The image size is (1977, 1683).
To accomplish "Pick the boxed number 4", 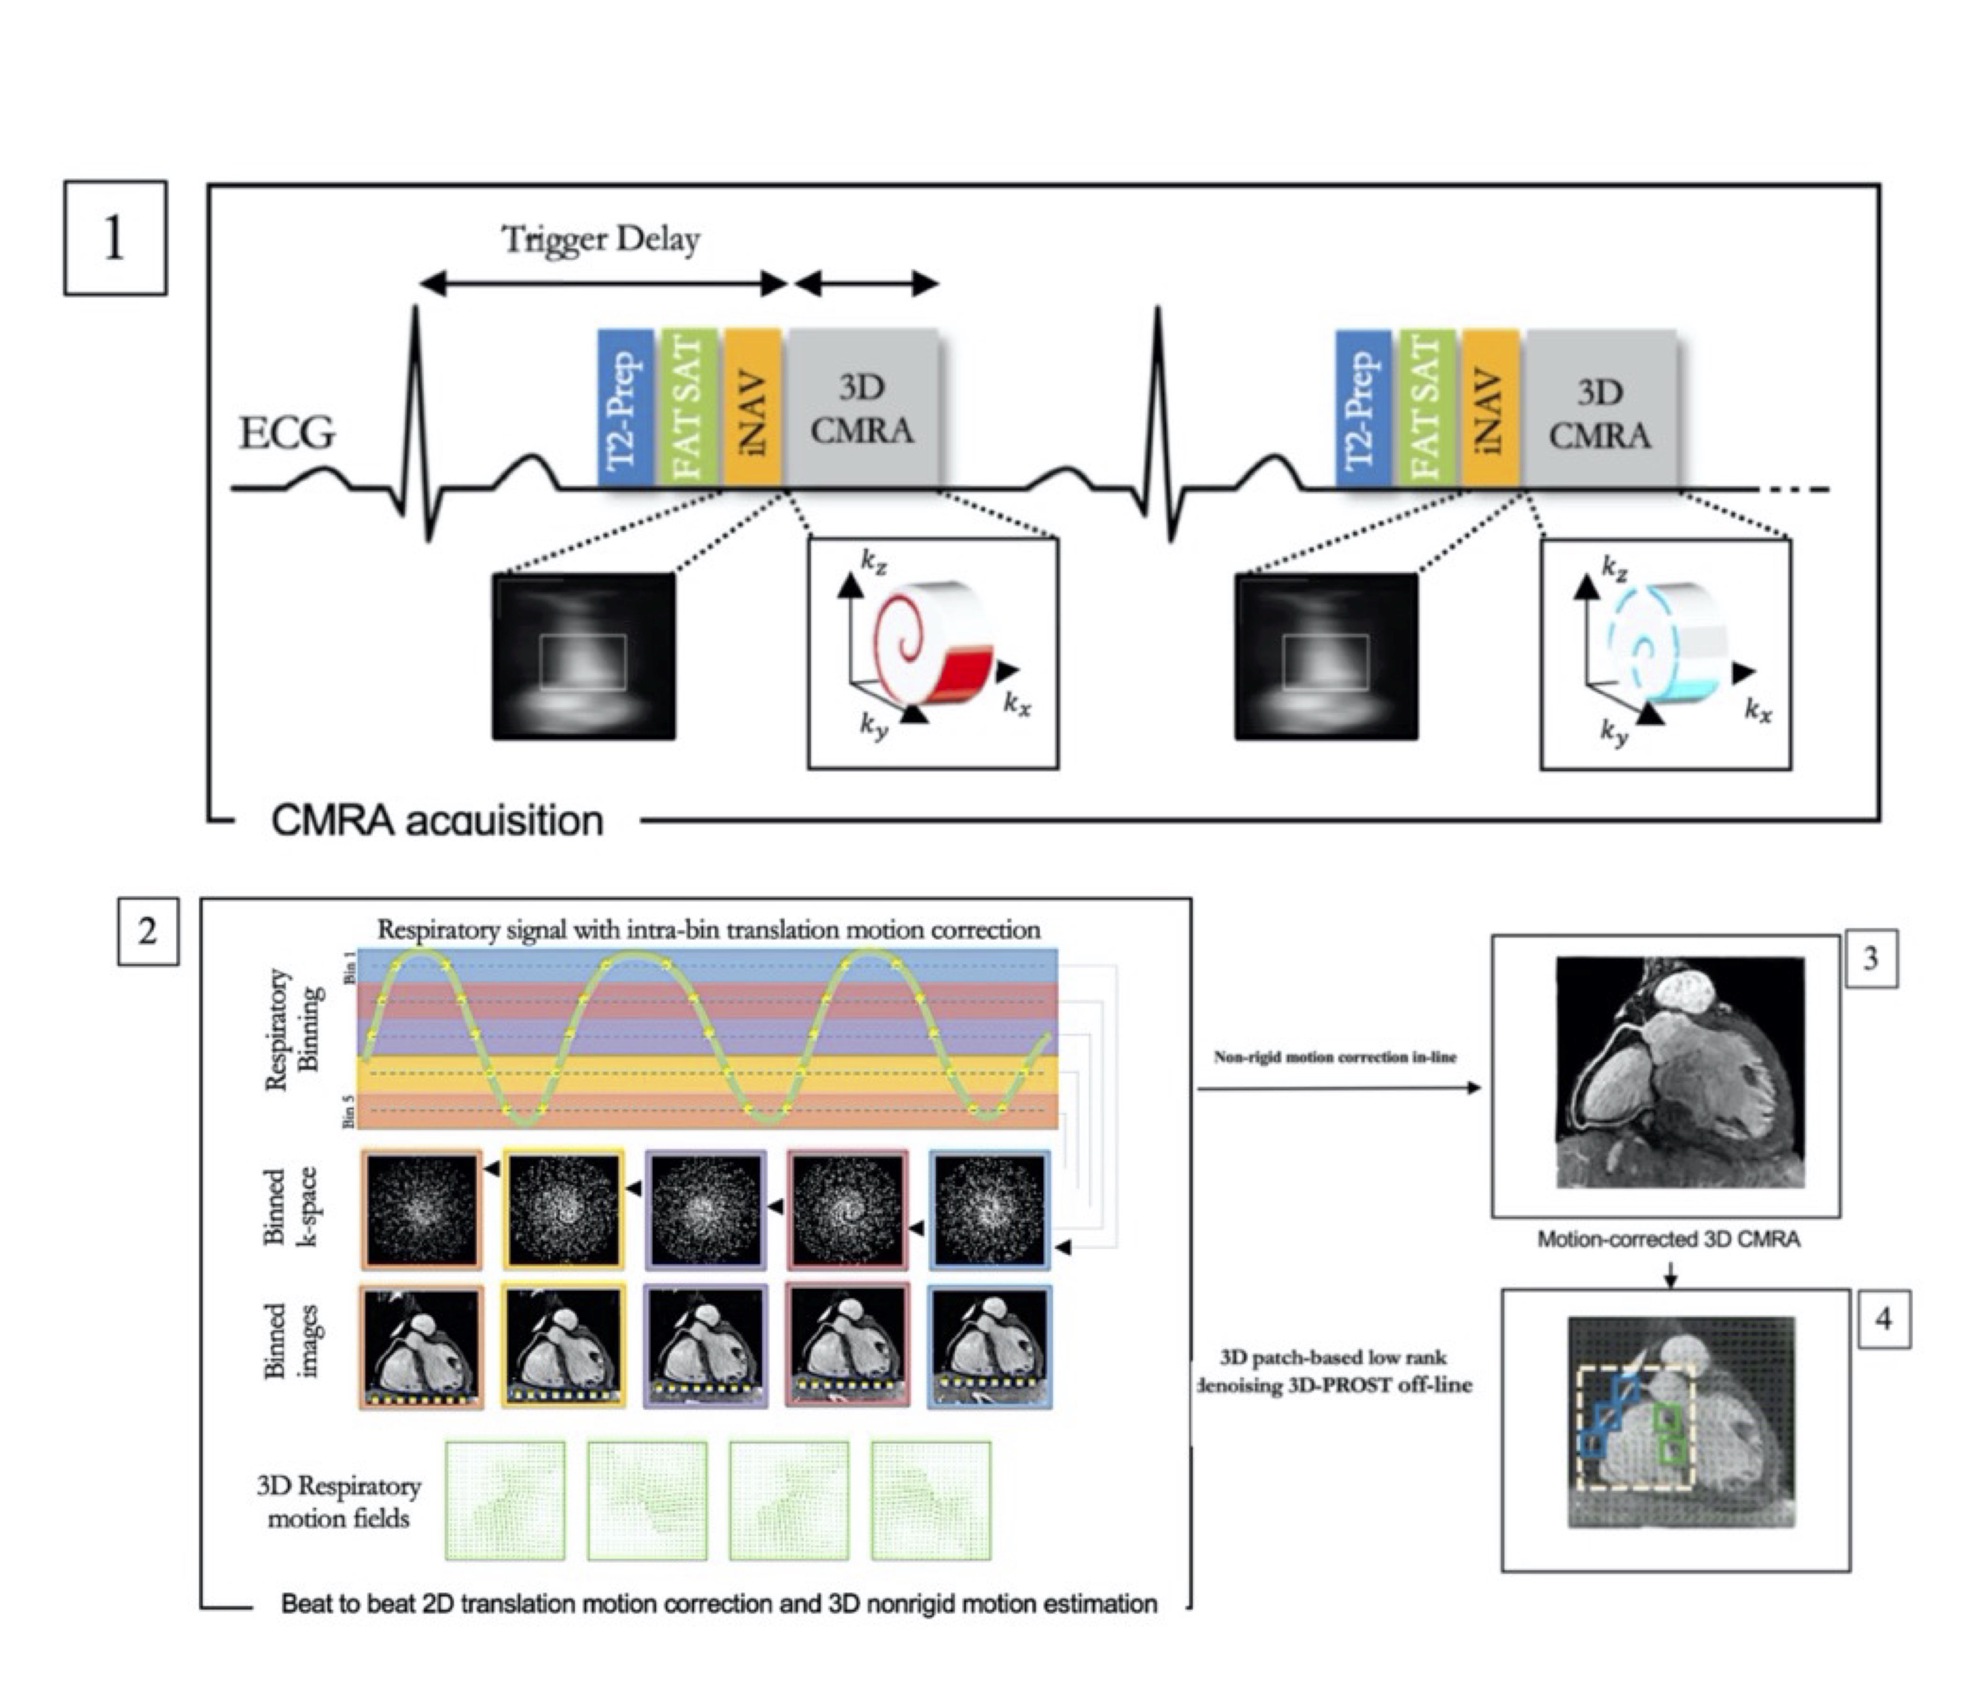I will [x=1883, y=1319].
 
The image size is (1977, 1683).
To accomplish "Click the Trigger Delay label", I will [x=601, y=239].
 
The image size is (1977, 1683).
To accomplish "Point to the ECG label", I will [x=286, y=434].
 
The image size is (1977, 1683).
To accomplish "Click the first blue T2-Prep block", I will [x=625, y=408].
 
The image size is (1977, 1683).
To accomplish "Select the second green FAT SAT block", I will [x=1427, y=408].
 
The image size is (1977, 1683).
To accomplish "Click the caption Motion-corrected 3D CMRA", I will [x=1668, y=1239].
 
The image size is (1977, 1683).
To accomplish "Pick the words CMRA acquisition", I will [x=437, y=821].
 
